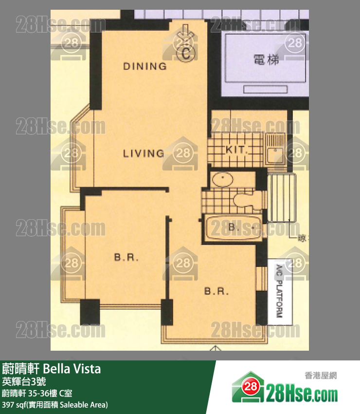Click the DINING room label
pyautogui.click(x=144, y=66)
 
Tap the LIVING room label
pyautogui.click(x=143, y=153)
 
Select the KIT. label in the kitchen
pyautogui.click(x=237, y=150)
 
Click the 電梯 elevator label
pyautogui.click(x=266, y=60)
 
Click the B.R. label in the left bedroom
pyautogui.click(x=126, y=257)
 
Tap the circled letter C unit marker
pyautogui.click(x=186, y=54)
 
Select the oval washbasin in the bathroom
pyautogui.click(x=223, y=179)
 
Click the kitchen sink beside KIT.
pyautogui.click(x=275, y=149)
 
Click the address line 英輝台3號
pyautogui.click(x=24, y=381)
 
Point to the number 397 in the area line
pyautogui.click(x=9, y=405)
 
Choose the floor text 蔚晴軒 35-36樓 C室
pyautogui.click(x=38, y=393)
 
